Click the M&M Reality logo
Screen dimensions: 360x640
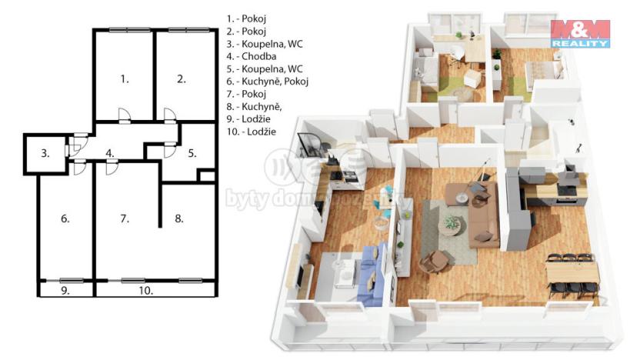(580, 34)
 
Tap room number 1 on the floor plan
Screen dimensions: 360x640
(124, 78)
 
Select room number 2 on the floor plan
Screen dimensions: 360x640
(181, 78)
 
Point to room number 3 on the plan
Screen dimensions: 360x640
(45, 154)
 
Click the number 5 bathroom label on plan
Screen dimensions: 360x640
(192, 153)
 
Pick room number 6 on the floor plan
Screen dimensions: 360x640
(65, 219)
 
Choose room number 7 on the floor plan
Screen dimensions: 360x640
(124, 219)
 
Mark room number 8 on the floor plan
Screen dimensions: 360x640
(179, 219)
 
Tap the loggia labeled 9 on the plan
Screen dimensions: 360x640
(65, 291)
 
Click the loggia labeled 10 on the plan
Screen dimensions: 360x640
(146, 291)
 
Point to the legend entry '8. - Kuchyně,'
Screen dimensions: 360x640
(254, 106)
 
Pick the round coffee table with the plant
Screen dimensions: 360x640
(449, 223)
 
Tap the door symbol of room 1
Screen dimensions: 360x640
(124, 116)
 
